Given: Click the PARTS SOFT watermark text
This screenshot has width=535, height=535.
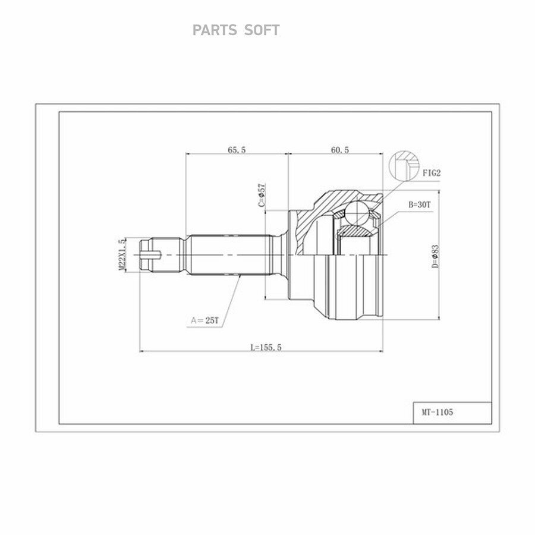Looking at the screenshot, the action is pos(236,30).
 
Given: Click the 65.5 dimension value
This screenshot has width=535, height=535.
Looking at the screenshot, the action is pos(237,150).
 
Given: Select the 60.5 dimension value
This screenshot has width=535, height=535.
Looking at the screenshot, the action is pos(340,150).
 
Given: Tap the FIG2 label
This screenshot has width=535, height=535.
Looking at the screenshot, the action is pos(432,173).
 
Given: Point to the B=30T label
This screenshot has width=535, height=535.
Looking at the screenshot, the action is pos(420,204).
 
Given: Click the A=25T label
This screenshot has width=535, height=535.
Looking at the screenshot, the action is pos(204,320).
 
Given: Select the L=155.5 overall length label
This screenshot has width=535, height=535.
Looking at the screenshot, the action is pos(266,347).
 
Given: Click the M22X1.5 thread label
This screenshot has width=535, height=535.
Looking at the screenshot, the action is pos(122,254).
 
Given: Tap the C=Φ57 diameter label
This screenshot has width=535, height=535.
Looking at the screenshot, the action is pos(262,195).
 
